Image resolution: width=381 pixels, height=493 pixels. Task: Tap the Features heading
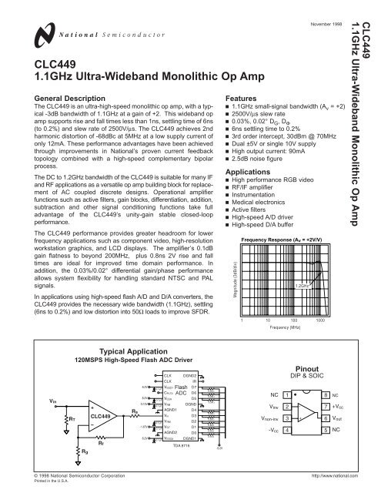pos(242,100)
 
